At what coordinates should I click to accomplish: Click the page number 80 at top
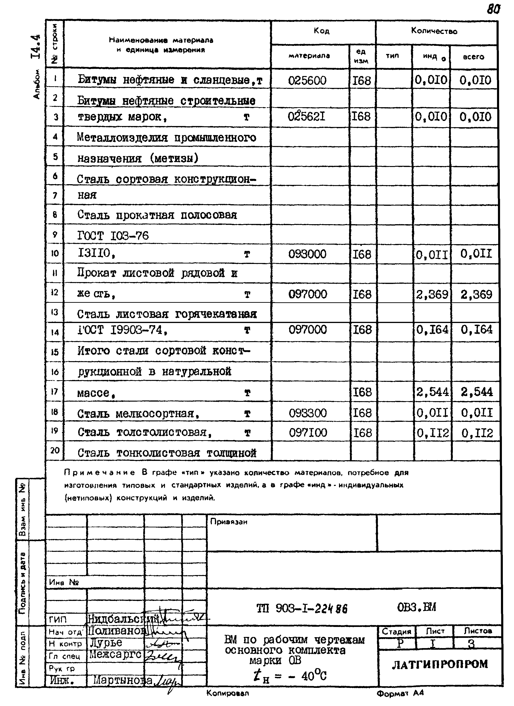tap(494, 10)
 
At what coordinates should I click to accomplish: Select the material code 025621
tap(307, 117)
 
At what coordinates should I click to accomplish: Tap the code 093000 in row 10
tap(307, 254)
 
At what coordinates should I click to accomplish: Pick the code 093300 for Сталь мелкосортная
tap(308, 413)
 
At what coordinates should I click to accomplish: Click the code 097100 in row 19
tap(308, 432)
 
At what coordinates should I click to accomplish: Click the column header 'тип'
tap(393, 56)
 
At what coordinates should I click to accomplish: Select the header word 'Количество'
tap(434, 31)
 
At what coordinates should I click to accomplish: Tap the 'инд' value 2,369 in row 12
tap(432, 294)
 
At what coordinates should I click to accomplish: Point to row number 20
tap(55, 450)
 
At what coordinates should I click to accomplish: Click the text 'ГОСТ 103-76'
tap(113, 236)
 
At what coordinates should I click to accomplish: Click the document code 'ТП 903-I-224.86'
tap(302, 608)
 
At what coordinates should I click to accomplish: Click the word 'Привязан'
tap(229, 522)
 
